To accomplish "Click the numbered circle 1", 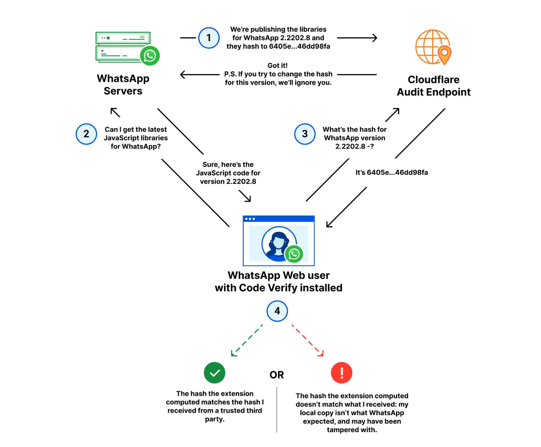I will pos(209,38).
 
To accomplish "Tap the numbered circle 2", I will pos(86,134).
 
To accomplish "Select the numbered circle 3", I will pos(305,134).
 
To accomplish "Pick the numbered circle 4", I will pos(277,311).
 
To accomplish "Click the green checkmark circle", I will pos(214,373).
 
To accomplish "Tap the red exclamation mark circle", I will pos(342,373).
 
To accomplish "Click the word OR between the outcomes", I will pos(277,375).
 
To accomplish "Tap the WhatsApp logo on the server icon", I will pos(150,56).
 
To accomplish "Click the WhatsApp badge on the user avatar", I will pos(294,254).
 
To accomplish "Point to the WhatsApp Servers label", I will pos(123,85).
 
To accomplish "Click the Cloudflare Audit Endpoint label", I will pos(434,86).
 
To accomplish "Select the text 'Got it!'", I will pos(277,66).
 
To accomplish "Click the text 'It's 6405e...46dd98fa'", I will pos(392,173).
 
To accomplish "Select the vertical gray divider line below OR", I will pos(277,409).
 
